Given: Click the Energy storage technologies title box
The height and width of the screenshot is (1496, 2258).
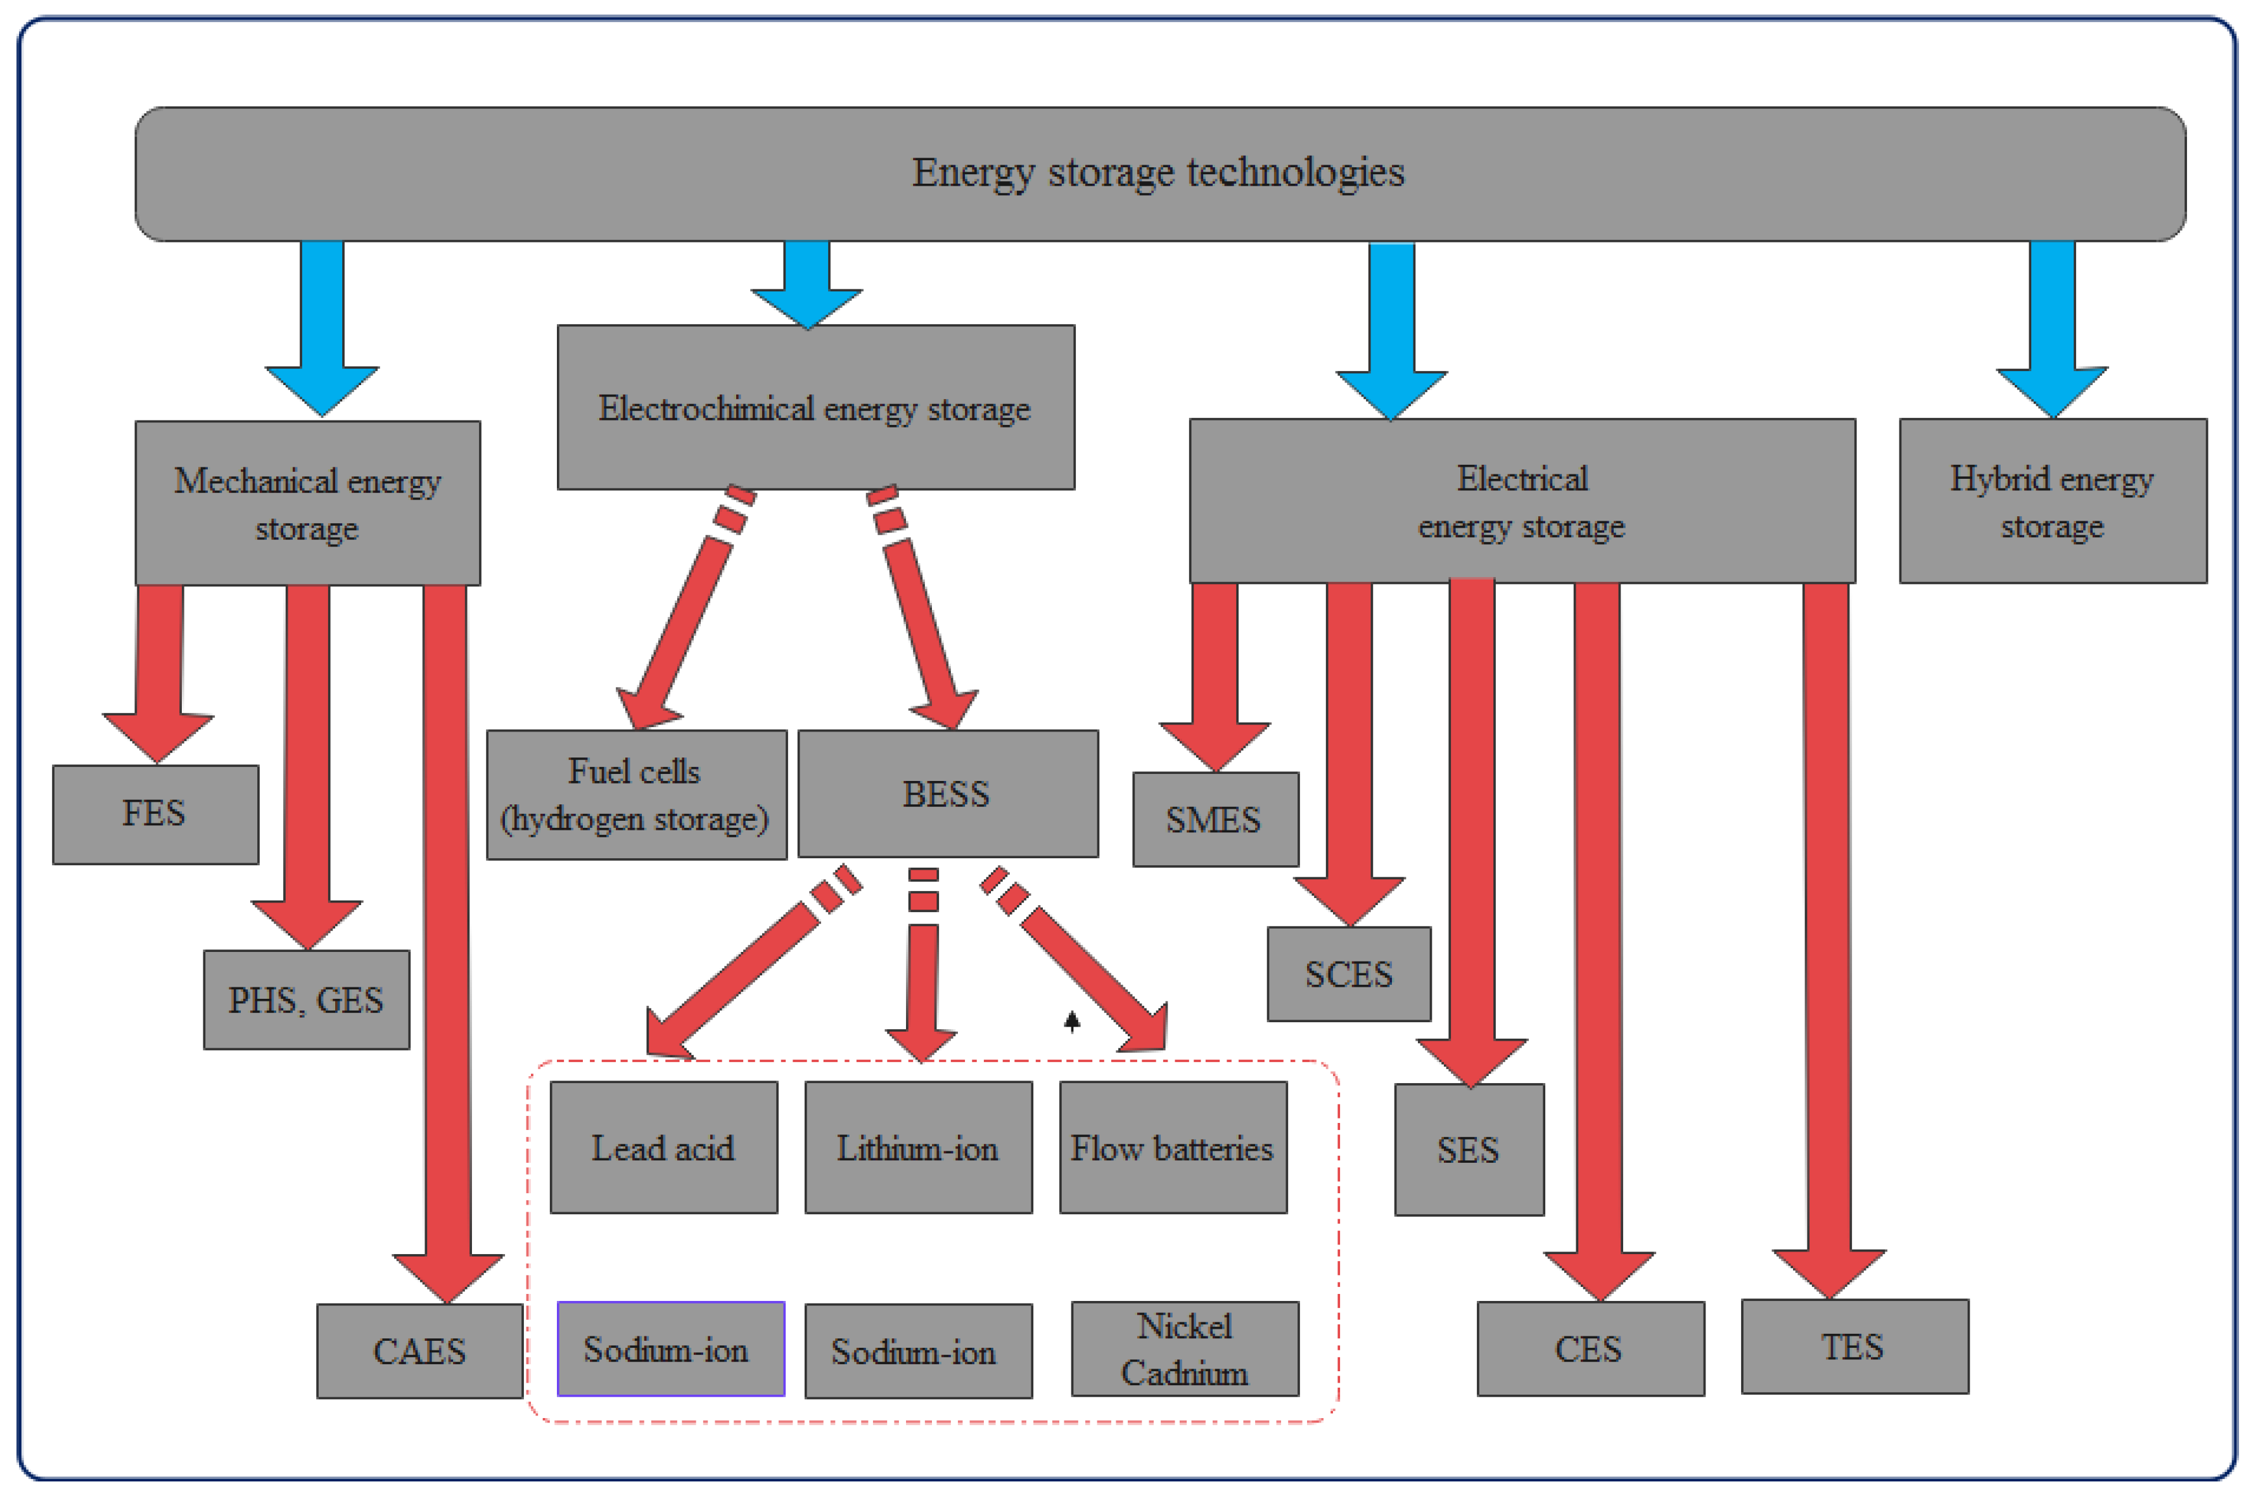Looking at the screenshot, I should tap(1159, 174).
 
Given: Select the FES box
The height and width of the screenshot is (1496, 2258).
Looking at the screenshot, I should tap(155, 814).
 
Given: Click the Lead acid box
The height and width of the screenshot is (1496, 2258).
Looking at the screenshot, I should tap(663, 1148).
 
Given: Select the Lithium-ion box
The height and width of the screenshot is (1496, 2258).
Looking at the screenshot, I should tap(918, 1148).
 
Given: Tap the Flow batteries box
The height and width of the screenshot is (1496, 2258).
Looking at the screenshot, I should tap(1173, 1148).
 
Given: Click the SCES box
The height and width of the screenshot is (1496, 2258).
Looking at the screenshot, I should tap(1348, 974).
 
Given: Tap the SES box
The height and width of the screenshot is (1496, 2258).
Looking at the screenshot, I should tap(1468, 1150).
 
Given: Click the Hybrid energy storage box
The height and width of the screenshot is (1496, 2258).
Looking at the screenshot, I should tap(2052, 501).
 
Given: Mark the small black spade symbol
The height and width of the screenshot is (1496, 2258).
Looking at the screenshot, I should tap(1072, 1022).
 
